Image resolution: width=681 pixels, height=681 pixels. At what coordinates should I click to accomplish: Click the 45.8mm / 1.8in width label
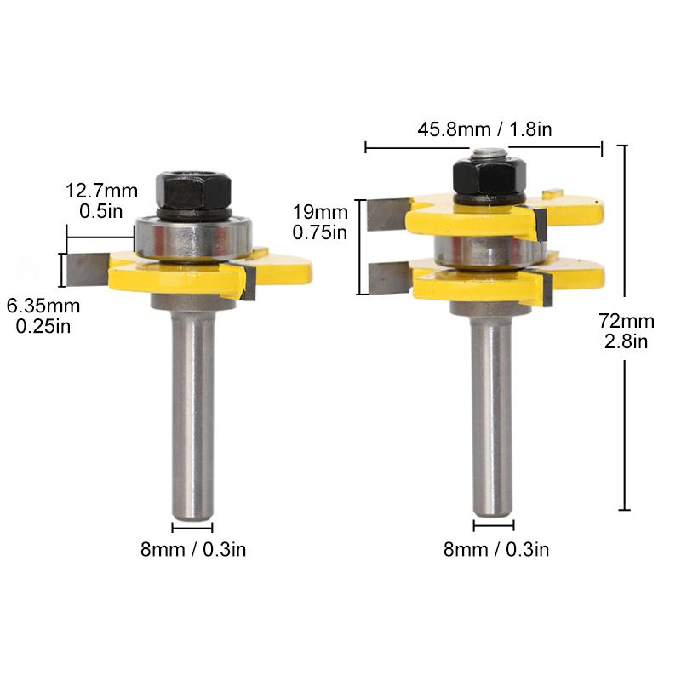pyautogui.click(x=484, y=130)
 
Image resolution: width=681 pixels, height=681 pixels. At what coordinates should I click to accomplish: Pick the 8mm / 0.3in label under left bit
pyautogui.click(x=193, y=549)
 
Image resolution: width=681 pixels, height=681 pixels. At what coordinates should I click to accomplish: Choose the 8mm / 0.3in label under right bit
pyautogui.click(x=496, y=549)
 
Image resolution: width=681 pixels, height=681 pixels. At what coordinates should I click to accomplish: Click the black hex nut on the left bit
pyautogui.click(x=192, y=191)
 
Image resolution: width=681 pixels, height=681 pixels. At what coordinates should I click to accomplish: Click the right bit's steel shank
pyautogui.click(x=493, y=409)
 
